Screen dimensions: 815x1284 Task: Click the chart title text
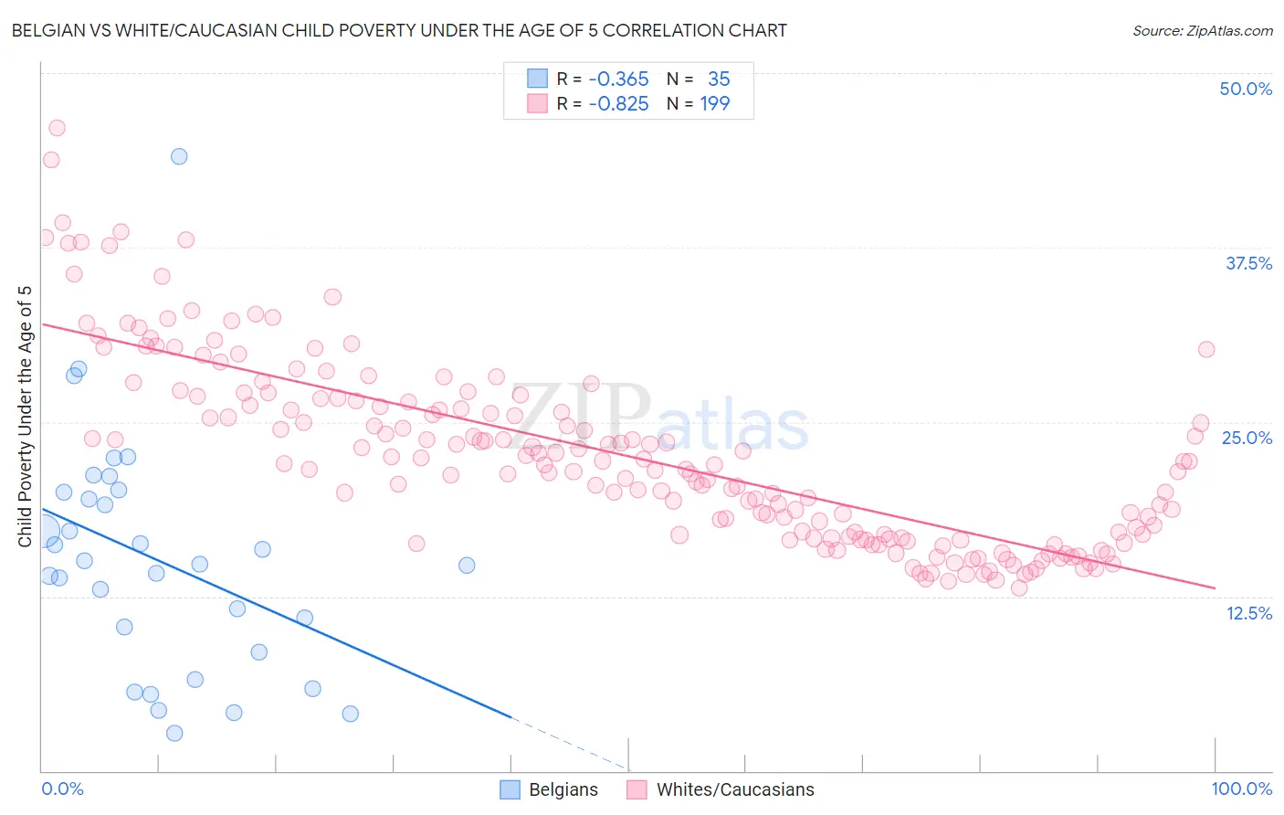[399, 30]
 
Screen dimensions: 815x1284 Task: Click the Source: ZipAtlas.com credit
[1202, 30]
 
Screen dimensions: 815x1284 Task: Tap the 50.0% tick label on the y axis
[1246, 89]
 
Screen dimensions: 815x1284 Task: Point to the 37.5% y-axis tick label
[1248, 263]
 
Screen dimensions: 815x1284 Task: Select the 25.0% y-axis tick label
[1247, 438]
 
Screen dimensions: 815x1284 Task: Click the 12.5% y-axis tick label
[1248, 613]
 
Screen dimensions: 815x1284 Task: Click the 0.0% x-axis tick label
[63, 789]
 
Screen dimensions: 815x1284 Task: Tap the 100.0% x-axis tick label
[1241, 789]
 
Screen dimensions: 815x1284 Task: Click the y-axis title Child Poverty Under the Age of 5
[25, 417]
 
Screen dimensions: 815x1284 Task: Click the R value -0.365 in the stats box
[618, 79]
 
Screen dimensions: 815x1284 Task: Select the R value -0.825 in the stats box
[618, 103]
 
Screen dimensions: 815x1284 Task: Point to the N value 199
[715, 103]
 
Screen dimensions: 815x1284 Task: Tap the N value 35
[719, 79]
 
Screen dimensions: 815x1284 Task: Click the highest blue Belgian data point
[179, 156]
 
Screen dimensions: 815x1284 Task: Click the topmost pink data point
[57, 128]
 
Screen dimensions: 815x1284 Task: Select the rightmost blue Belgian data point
[467, 565]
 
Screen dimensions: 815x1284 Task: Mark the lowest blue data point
[174, 733]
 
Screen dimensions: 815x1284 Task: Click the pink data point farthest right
[1206, 349]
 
